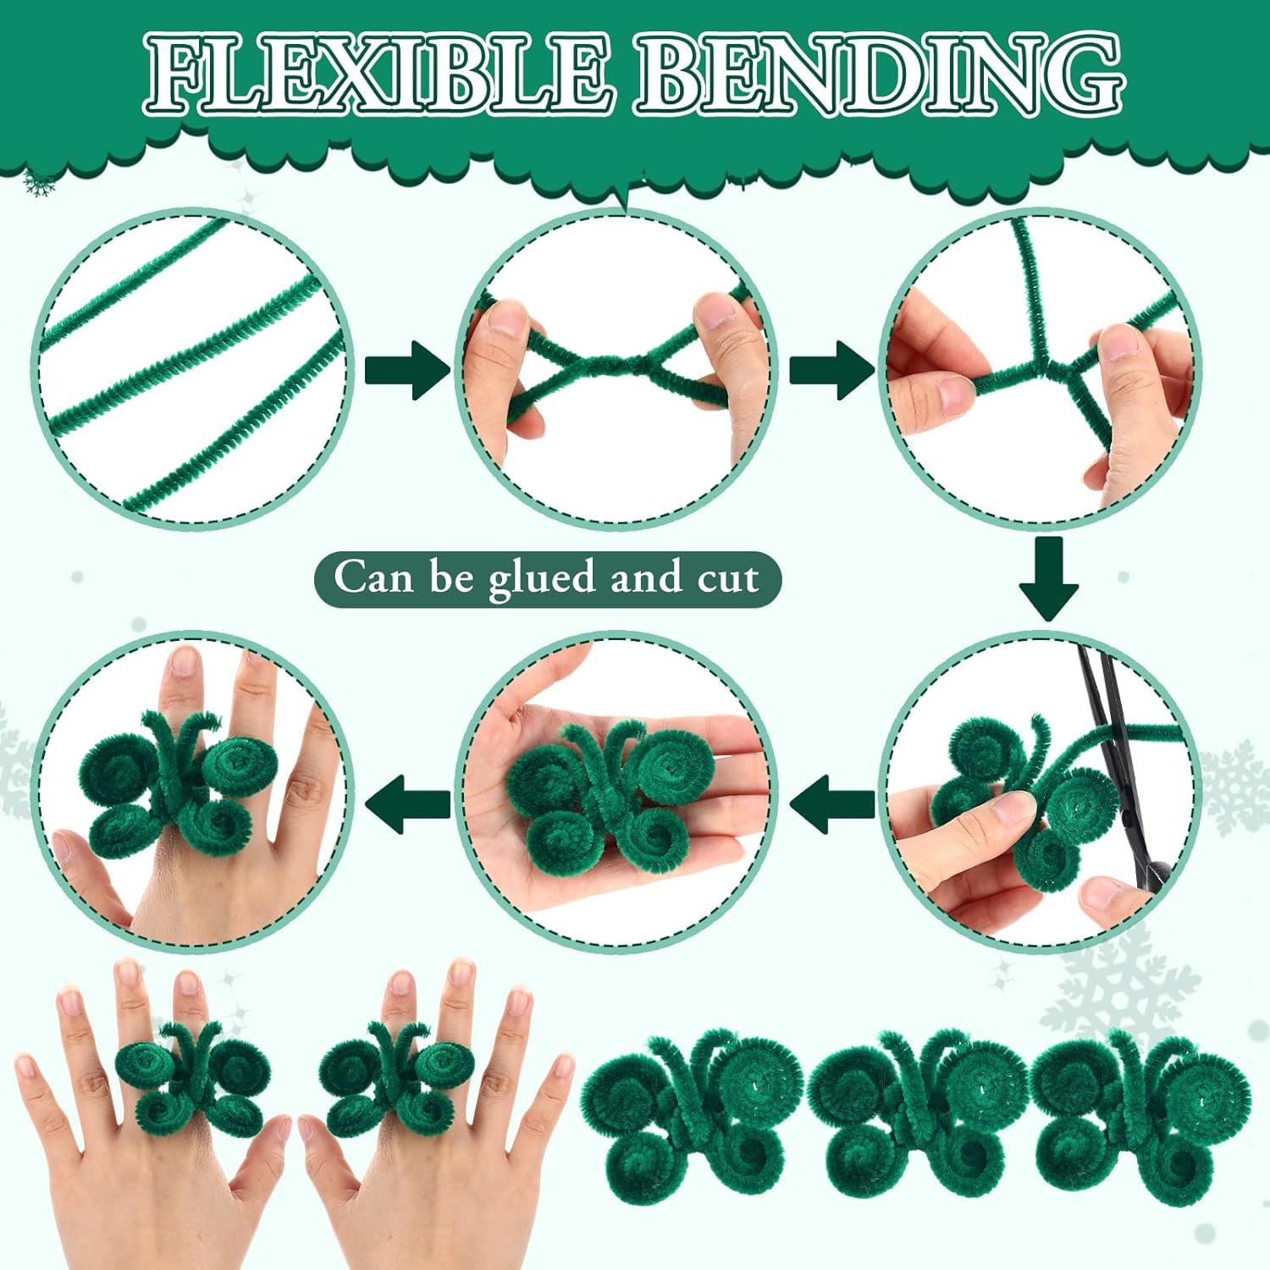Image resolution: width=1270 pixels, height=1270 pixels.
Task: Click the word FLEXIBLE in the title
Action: click(377, 74)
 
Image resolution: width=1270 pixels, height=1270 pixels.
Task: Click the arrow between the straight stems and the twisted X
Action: click(407, 370)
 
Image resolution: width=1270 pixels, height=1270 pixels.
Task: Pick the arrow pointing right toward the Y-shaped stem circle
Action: click(831, 370)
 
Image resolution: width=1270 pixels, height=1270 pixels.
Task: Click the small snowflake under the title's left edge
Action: click(38, 182)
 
